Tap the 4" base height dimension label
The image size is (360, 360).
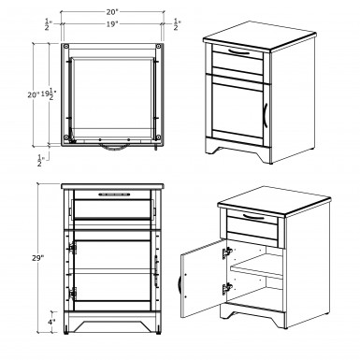52,322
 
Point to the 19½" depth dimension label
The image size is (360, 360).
49,94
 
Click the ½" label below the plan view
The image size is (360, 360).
40,160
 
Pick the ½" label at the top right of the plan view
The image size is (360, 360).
177,24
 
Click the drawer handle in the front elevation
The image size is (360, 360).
114,194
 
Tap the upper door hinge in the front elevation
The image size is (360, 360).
73,248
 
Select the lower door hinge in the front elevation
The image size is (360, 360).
73,294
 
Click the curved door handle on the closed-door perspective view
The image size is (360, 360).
266,115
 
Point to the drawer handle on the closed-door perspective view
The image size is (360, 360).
239,52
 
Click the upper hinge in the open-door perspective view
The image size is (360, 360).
227,253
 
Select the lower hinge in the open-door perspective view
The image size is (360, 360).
227,289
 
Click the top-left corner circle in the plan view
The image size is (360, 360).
66,47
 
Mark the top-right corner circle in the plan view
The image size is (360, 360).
159,47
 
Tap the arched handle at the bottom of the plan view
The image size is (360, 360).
113,148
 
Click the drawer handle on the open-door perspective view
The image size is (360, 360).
253,217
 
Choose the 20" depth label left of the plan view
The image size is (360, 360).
33,94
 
